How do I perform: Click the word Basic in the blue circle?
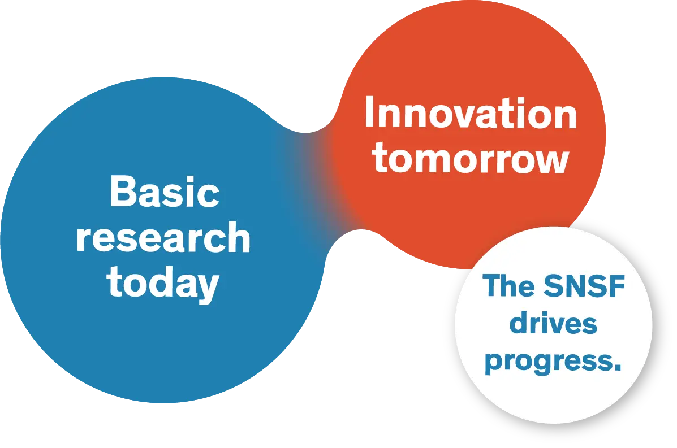click(x=164, y=192)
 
